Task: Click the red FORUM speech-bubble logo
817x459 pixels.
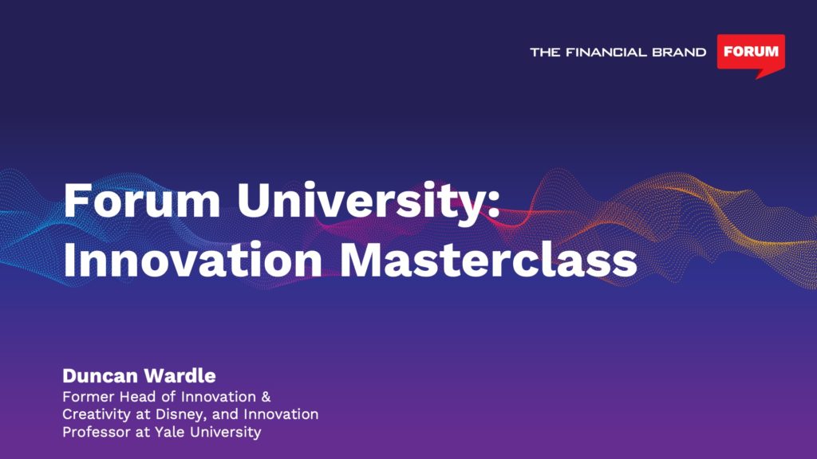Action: (x=751, y=53)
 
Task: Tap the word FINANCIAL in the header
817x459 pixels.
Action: (x=606, y=52)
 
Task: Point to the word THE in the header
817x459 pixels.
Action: (x=545, y=52)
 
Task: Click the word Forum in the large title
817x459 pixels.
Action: (x=142, y=200)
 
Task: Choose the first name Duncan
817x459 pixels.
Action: (x=100, y=375)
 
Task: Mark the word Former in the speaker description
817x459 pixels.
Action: (x=89, y=397)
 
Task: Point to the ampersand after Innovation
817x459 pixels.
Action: (x=266, y=397)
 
